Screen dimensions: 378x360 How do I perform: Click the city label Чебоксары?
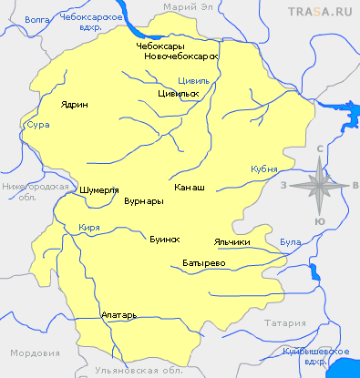tap(161, 46)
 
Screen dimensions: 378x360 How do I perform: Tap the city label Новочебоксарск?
tap(182, 56)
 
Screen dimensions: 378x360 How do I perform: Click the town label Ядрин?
tap(75, 105)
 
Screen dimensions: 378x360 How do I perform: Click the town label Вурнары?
tap(143, 200)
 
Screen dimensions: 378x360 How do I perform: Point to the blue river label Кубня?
tap(262, 170)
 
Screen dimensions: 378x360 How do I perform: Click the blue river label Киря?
tap(89, 227)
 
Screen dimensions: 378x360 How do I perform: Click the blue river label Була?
tap(291, 241)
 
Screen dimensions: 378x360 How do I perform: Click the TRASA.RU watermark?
tap(320, 11)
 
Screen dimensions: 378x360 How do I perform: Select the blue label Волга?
tap(36, 17)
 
